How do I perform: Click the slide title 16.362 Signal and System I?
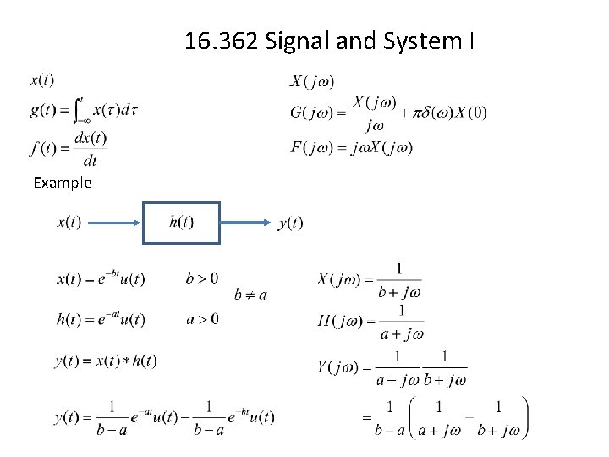pyautogui.click(x=329, y=41)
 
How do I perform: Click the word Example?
pyautogui.click(x=63, y=182)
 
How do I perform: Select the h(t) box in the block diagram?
pyautogui.click(x=181, y=223)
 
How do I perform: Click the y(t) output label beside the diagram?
pyautogui.click(x=290, y=223)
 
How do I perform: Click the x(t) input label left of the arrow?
pyautogui.click(x=69, y=223)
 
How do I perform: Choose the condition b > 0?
pyautogui.click(x=201, y=278)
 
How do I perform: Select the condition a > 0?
pyautogui.click(x=201, y=318)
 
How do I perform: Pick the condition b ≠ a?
pyautogui.click(x=250, y=295)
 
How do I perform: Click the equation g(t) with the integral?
pyautogui.click(x=84, y=110)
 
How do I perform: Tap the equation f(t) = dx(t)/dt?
pyautogui.click(x=68, y=148)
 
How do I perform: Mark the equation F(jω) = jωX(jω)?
pyautogui.click(x=351, y=147)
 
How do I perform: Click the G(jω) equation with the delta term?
pyautogui.click(x=388, y=113)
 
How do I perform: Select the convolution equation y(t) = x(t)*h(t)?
pyautogui.click(x=105, y=361)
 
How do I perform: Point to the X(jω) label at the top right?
pyautogui.click(x=312, y=81)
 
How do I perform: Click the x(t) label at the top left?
pyautogui.click(x=42, y=80)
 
